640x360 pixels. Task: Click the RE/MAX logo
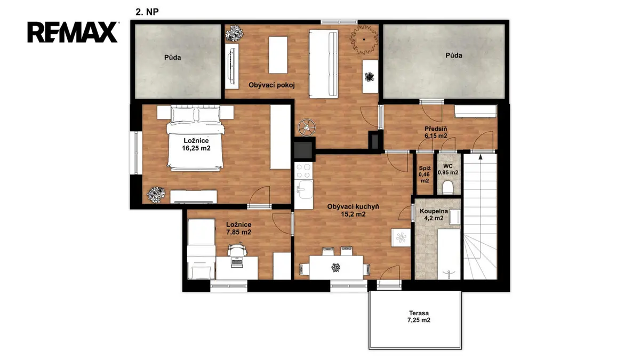[x=73, y=33]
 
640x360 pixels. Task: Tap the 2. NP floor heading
[x=147, y=12]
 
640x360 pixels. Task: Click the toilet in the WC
[x=448, y=188]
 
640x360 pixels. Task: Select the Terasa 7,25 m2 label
[x=419, y=317]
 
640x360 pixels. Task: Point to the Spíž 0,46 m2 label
[x=425, y=174]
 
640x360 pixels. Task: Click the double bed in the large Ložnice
[x=195, y=138]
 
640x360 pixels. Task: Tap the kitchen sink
[x=305, y=189]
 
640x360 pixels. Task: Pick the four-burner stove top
[x=303, y=171]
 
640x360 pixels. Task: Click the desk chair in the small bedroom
[x=237, y=249]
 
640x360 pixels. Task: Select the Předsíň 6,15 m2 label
[x=436, y=132]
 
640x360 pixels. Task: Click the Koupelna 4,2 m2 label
[x=434, y=215]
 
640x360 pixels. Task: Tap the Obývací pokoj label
[x=271, y=85]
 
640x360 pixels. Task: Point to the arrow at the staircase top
[x=481, y=157]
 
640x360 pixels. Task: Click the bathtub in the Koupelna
[x=449, y=254]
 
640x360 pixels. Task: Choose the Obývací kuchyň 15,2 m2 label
[x=353, y=210]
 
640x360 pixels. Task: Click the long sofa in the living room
[x=324, y=63]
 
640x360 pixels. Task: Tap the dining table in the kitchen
[x=336, y=268]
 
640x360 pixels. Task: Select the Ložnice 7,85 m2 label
[x=238, y=228]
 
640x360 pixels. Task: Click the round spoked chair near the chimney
[x=307, y=127]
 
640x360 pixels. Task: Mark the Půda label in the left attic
[x=172, y=58]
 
